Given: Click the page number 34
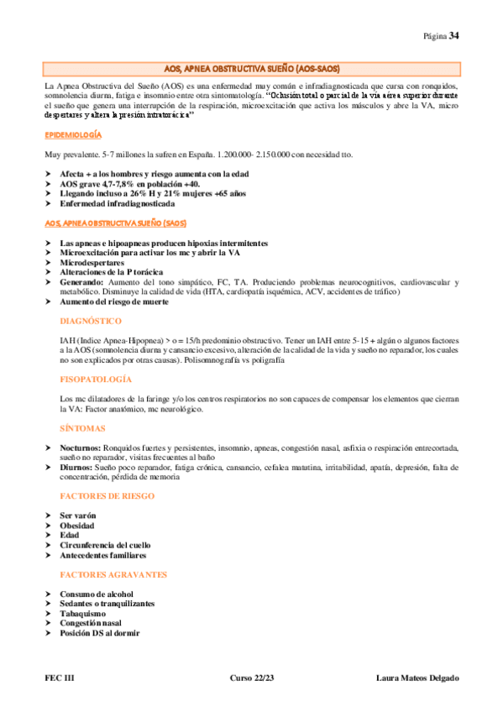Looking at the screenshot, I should (453, 35).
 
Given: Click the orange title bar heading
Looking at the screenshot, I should (251, 68).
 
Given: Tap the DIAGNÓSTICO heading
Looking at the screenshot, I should (91, 321).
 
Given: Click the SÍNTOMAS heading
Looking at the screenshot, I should (82, 427).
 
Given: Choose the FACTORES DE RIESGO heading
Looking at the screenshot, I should (107, 495).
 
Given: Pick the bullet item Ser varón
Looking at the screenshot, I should (78, 515).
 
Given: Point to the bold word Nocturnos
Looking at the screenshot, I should (81, 448).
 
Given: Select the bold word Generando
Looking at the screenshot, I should (83, 282).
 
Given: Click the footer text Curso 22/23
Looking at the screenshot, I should (251, 677).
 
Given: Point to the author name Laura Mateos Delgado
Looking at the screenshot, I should (417, 677).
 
